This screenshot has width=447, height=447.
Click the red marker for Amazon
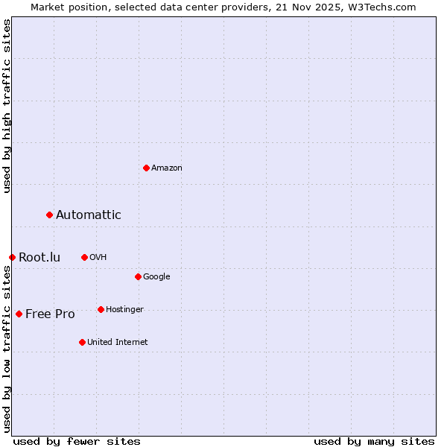click(x=146, y=168)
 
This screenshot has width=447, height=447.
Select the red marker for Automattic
click(x=50, y=215)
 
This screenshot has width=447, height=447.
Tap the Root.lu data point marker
click(x=12, y=257)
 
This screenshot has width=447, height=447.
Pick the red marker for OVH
click(x=84, y=257)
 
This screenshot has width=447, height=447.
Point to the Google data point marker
click(x=138, y=276)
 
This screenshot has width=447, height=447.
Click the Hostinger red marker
click(x=101, y=309)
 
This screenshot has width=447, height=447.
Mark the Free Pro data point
click(x=19, y=314)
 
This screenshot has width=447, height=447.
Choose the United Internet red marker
click(x=82, y=342)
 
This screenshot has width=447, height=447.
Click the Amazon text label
click(x=167, y=168)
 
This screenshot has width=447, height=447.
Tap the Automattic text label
click(x=89, y=215)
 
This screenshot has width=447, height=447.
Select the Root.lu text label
click(x=39, y=258)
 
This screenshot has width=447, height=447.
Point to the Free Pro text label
click(x=50, y=314)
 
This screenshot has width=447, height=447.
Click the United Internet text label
click(x=118, y=343)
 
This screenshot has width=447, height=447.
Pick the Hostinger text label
click(x=124, y=310)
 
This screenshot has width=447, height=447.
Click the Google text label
click(x=156, y=277)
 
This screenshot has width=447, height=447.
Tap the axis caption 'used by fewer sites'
click(x=77, y=441)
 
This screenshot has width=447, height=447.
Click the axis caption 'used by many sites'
click(x=374, y=441)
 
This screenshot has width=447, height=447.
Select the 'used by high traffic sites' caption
click(x=7, y=107)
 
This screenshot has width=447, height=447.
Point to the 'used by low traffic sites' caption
click(x=7, y=349)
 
